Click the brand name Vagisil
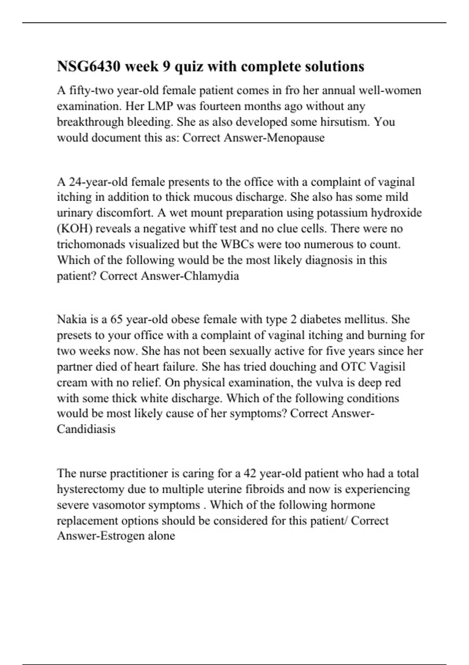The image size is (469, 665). point(387,367)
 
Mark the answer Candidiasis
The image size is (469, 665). point(86,430)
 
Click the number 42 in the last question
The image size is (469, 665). point(249,473)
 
